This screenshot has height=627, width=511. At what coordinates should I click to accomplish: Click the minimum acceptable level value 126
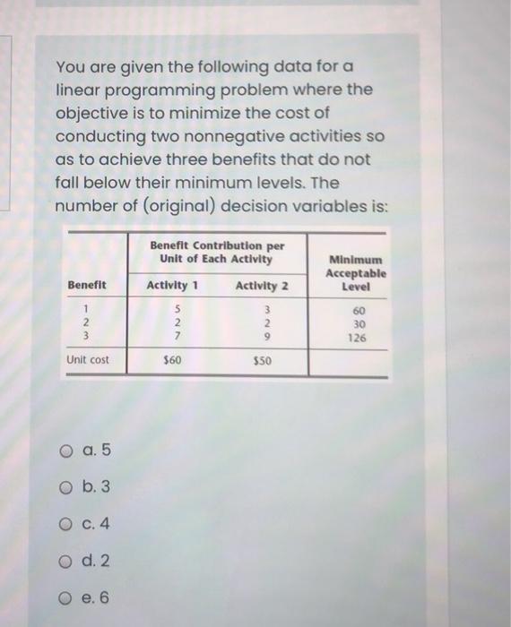tap(357, 339)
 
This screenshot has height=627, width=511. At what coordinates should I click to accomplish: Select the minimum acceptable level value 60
tap(357, 311)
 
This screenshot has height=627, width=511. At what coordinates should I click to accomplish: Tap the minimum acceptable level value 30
tap(357, 325)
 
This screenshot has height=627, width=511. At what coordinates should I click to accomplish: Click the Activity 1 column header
tap(172, 285)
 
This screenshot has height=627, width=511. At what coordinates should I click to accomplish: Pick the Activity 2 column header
tap(262, 285)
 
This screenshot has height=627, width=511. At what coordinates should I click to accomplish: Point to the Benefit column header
tap(87, 285)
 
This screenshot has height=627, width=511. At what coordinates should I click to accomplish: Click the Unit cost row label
tap(88, 360)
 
